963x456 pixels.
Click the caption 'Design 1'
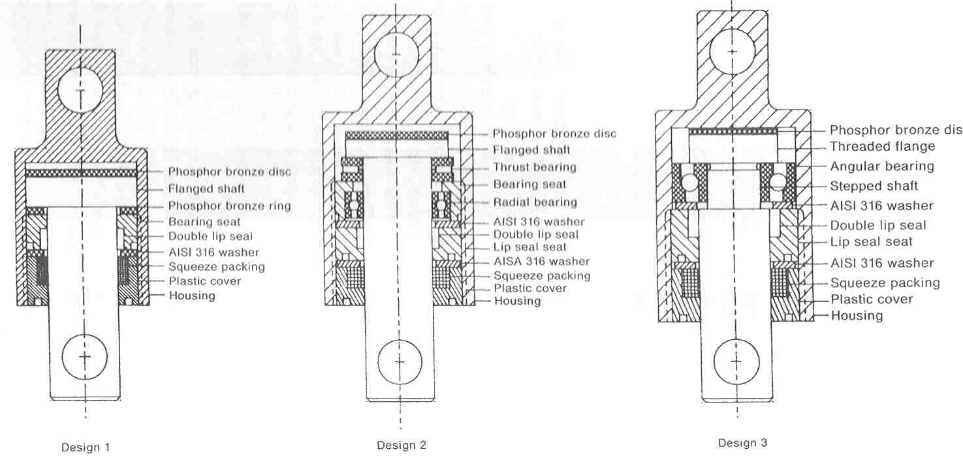(x=86, y=448)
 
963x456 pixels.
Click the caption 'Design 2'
(x=402, y=446)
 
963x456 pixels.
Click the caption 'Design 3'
(x=742, y=443)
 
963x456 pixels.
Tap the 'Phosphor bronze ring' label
(x=230, y=206)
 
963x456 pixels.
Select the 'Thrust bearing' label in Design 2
(x=535, y=167)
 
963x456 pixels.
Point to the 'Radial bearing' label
(x=535, y=202)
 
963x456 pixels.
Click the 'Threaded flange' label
(x=882, y=146)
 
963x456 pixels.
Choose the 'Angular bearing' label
(x=882, y=166)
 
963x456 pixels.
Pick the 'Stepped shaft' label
(x=874, y=186)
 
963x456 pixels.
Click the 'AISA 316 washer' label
(x=542, y=261)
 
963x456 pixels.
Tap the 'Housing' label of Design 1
(x=192, y=296)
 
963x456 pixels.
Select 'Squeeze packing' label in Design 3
(x=885, y=282)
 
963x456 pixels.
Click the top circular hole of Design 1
(x=80, y=91)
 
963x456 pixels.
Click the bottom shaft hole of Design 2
(x=400, y=362)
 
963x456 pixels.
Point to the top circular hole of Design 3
(x=732, y=52)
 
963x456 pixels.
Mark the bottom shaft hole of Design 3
(x=736, y=361)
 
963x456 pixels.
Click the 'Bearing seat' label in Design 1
(x=204, y=222)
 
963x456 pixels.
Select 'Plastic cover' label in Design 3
(x=872, y=299)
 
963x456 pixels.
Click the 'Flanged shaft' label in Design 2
(x=531, y=150)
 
